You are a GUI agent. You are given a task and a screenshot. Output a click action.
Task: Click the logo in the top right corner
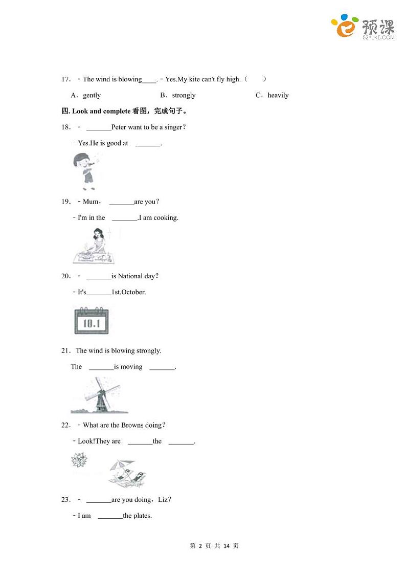(363, 27)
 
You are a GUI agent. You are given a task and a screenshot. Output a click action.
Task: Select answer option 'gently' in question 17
(92, 95)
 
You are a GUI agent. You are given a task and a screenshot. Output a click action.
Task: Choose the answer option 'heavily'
(278, 95)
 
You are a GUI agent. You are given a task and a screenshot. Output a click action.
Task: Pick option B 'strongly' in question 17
(184, 95)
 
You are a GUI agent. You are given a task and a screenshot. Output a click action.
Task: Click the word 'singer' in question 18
(173, 127)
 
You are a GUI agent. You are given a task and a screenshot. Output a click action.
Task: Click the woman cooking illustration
(95, 246)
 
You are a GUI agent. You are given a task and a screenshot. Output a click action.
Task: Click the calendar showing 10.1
(91, 321)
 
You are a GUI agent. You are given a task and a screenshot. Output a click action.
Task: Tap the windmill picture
(99, 395)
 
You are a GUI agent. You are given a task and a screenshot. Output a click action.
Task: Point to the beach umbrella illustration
(127, 472)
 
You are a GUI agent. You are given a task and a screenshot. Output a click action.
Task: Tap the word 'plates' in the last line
(142, 516)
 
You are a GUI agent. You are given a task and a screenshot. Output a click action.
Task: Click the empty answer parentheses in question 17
(255, 79)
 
